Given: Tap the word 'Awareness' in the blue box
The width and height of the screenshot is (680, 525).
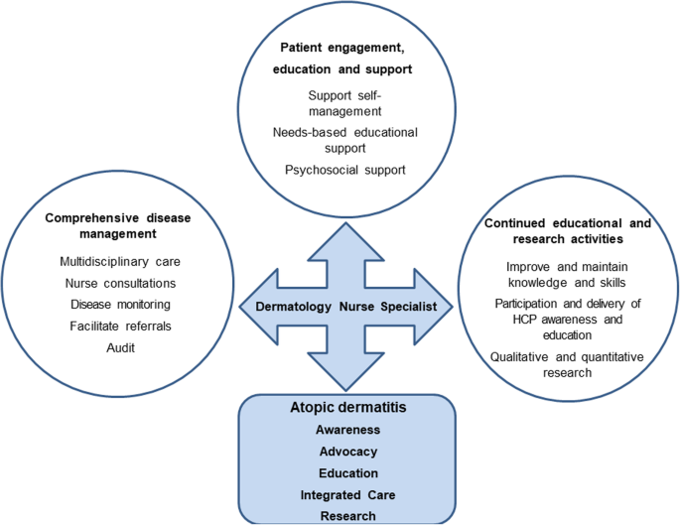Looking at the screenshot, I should click(347, 432).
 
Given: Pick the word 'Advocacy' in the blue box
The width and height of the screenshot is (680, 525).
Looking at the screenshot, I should click(347, 453).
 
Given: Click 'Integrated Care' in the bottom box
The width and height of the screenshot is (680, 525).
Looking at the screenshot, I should click(347, 494).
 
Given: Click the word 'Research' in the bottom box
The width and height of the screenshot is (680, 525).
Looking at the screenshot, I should click(347, 515).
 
